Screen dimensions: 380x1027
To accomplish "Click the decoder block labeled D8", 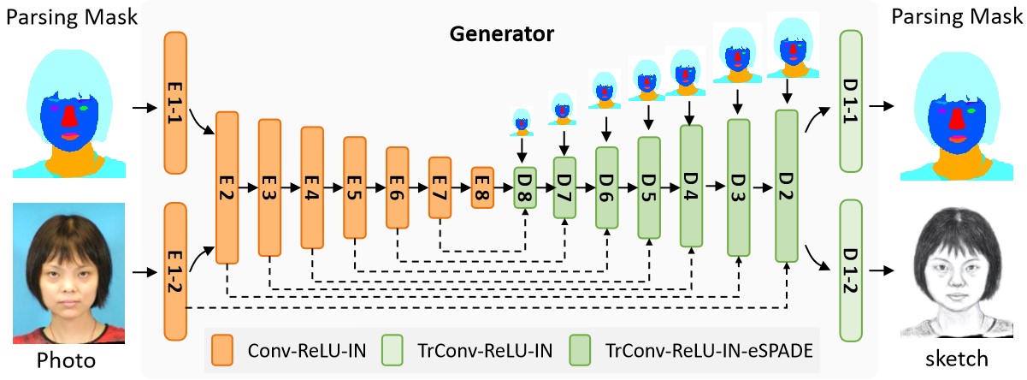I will pos(523,184).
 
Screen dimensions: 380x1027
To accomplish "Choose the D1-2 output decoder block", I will pos(853,270).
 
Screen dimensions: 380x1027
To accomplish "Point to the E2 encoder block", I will pos(227,187).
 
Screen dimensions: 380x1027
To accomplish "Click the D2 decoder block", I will pos(786,187).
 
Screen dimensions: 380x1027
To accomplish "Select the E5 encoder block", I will pos(355,187).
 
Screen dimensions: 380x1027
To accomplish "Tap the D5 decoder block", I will pos(649,187).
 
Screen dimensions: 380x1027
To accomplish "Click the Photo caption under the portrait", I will pos(65,358).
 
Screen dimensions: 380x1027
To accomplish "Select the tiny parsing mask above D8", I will pos(522,122).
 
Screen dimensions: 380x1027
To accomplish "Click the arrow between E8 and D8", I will pos(503,184).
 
